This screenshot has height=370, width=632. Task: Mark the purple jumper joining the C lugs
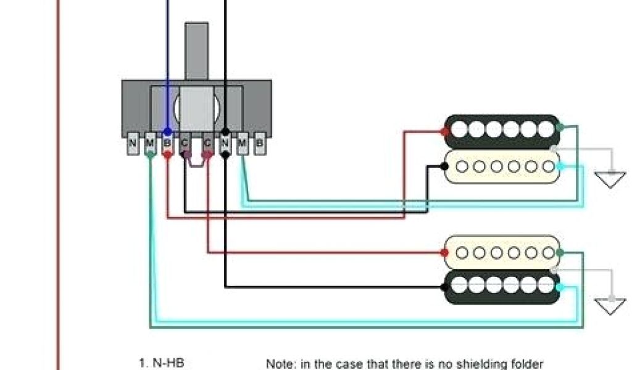pos(196,165)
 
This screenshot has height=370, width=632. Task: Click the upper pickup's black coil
pos(502,128)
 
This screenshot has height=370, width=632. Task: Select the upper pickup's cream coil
pos(502,166)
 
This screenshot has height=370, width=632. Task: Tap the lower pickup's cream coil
pos(502,252)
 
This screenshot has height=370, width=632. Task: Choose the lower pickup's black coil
pos(502,286)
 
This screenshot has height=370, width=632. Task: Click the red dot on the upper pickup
pos(444,131)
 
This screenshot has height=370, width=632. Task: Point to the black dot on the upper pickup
pos(444,166)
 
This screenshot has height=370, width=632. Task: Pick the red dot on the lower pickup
pos(444,252)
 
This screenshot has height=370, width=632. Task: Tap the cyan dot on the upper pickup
pos(559,166)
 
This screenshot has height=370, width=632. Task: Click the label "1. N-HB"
pos(162,363)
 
